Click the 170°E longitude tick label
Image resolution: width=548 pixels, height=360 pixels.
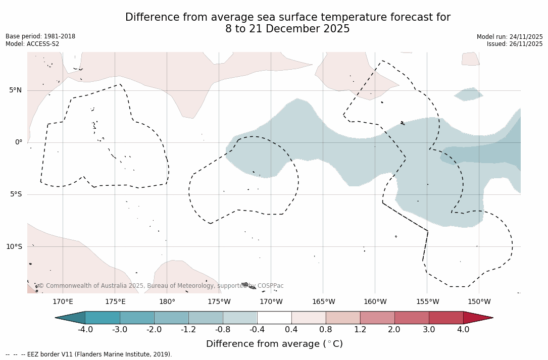point(63,302)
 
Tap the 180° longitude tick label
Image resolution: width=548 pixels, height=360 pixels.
point(167,302)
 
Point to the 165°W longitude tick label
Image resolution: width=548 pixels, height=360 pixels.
point(323,302)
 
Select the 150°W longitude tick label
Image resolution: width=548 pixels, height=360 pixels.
point(479,302)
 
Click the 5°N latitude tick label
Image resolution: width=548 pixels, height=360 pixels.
point(15,90)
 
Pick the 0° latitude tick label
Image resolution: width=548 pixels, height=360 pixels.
point(19,142)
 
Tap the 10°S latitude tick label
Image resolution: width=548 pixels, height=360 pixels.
point(14,247)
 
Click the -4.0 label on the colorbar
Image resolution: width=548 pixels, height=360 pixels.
point(85,330)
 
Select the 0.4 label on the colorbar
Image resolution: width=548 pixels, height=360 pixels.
point(291,330)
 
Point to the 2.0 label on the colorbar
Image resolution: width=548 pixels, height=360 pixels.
point(394,330)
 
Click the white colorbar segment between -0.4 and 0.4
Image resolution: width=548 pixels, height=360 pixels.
point(274,318)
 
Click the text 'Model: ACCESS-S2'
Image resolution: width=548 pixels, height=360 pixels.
point(32,44)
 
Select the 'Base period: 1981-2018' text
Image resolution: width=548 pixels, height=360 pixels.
point(40,36)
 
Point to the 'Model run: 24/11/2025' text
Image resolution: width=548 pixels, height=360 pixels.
point(510,37)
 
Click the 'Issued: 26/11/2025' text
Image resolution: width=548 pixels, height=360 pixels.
point(515,44)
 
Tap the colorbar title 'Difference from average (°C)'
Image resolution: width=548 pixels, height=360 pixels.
point(274,344)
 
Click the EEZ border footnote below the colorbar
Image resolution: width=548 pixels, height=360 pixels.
point(89,354)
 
